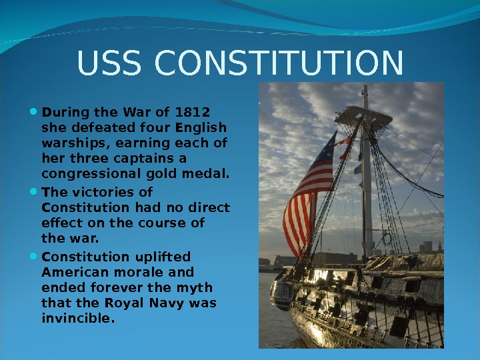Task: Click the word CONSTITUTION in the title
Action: coord(279,64)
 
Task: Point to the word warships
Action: coord(71,143)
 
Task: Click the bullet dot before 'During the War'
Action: coord(34,111)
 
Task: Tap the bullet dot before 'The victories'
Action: coord(34,192)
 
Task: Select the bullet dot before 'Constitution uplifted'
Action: coord(34,257)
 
